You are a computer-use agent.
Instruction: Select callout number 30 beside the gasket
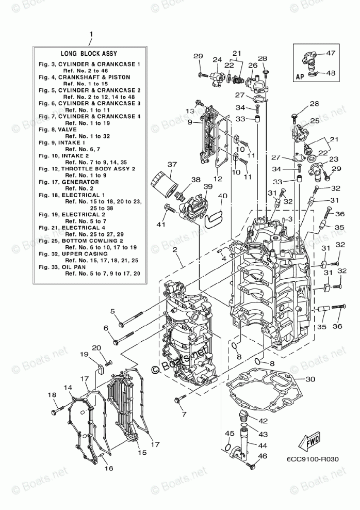[309, 379]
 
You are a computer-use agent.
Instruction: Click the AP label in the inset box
[300, 76]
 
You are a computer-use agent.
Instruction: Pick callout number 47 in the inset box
[330, 53]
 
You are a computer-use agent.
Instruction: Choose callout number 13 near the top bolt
[190, 111]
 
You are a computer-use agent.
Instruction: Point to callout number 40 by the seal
[223, 196]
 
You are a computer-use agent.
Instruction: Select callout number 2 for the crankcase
[175, 250]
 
